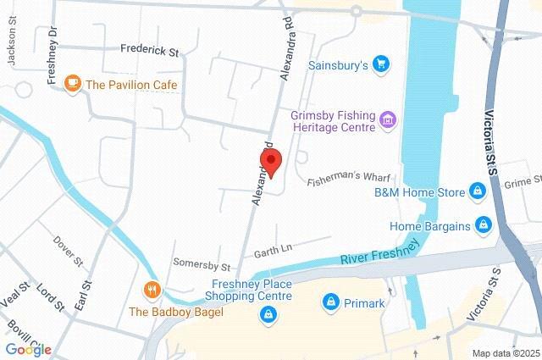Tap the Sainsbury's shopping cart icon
381,64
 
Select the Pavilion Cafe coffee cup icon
73,84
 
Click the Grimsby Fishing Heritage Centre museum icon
388,120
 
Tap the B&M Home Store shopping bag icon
478,192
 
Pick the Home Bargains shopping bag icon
484,225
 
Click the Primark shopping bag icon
331,302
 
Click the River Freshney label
379,252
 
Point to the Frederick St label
149,51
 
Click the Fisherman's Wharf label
347,178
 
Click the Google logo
28,349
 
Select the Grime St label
522,183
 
